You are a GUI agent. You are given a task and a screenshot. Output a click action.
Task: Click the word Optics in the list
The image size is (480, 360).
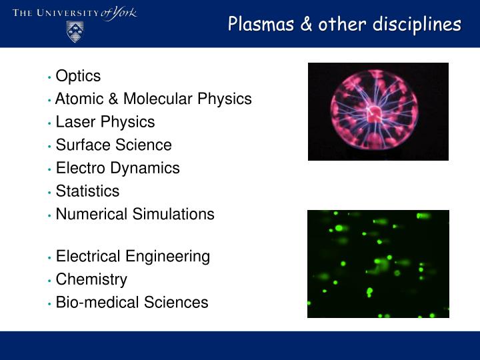click(78, 76)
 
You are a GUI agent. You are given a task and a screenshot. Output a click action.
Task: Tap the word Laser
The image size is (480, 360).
click(73, 122)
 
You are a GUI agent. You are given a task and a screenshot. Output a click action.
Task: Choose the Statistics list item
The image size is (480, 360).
click(87, 191)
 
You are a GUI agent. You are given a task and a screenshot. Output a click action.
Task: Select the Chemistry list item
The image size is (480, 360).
click(91, 279)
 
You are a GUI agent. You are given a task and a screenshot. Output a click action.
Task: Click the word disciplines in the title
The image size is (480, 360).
click(416, 25)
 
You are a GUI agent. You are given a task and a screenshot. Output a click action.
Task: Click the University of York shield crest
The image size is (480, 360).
click(75, 31)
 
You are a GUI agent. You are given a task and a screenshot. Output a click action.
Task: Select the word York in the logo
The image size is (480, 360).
click(124, 13)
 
